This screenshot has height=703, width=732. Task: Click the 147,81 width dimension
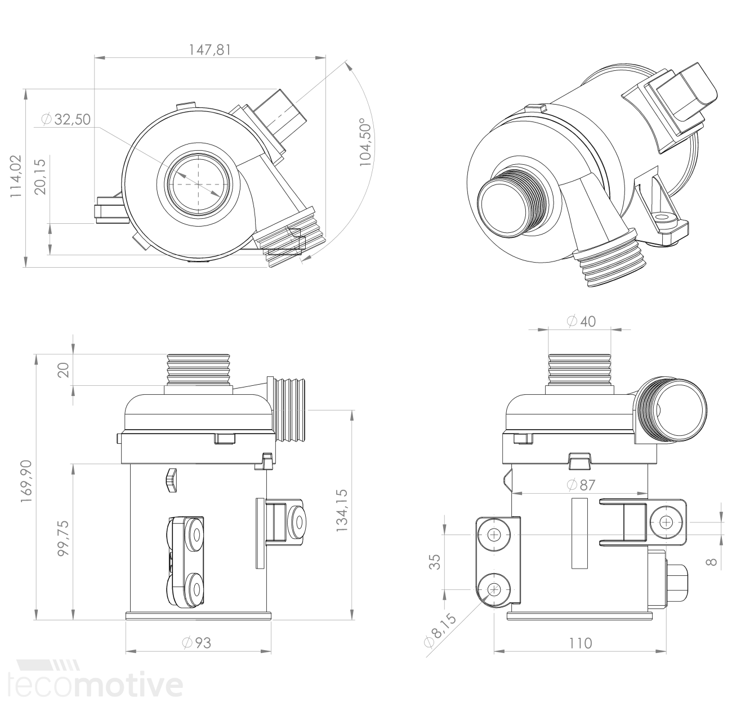pos(209,49)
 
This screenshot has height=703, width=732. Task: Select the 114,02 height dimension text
pos(16,176)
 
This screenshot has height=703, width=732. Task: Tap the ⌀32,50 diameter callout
pos(66,119)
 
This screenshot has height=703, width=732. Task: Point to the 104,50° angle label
pos(365,142)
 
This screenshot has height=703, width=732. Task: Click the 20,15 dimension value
pos(40,177)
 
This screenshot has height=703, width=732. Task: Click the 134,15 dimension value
pos(342,510)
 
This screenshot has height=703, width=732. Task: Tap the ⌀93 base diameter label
pos(197,643)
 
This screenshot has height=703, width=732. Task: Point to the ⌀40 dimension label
pos(581,321)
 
